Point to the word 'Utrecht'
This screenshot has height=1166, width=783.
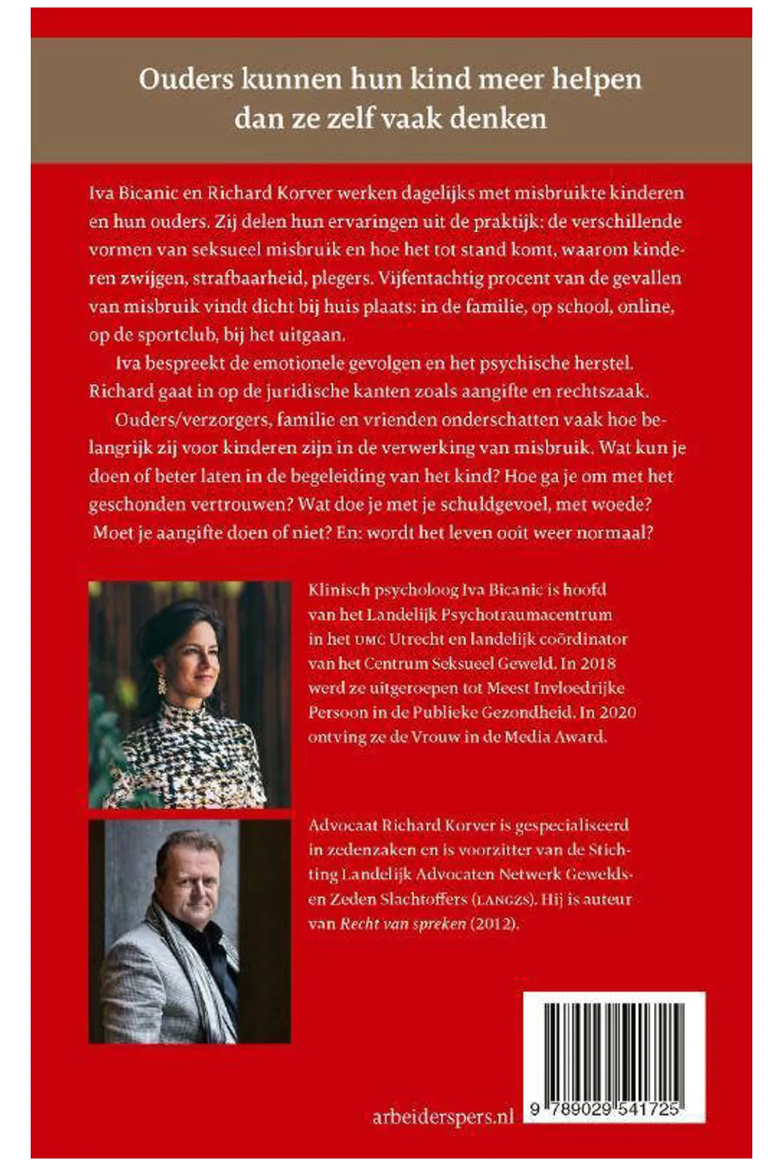click(x=420, y=638)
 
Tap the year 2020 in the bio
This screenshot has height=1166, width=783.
click(x=616, y=711)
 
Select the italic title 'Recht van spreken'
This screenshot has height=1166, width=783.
click(x=403, y=923)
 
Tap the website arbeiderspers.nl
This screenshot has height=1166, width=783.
click(x=442, y=1117)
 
